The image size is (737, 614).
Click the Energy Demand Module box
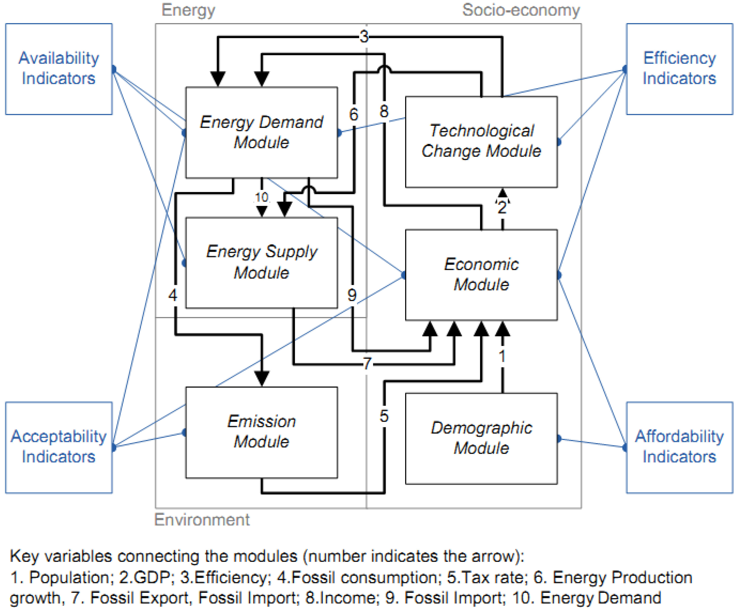click(261, 132)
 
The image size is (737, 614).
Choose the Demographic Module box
click(481, 438)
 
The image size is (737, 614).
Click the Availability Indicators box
click(59, 69)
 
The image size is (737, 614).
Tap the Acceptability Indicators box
click(59, 447)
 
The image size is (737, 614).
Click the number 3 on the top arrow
click(364, 36)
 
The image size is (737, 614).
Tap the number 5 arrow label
click(384, 416)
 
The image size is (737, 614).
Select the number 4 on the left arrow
click(173, 295)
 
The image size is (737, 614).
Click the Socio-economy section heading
click(521, 10)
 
